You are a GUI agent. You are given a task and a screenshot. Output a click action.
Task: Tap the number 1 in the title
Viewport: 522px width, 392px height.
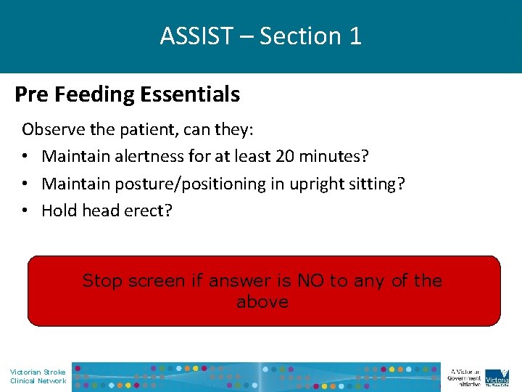point(355,36)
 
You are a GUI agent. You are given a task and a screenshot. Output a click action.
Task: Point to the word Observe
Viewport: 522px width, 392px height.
point(51,130)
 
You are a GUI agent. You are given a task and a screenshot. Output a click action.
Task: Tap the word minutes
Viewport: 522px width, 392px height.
point(327,157)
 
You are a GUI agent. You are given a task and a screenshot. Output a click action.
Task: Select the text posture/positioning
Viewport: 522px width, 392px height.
point(183,184)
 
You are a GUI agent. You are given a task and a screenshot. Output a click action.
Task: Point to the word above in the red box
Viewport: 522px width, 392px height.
point(262,302)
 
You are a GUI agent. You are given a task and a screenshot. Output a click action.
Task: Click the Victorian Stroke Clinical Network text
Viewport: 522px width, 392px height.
point(38,376)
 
